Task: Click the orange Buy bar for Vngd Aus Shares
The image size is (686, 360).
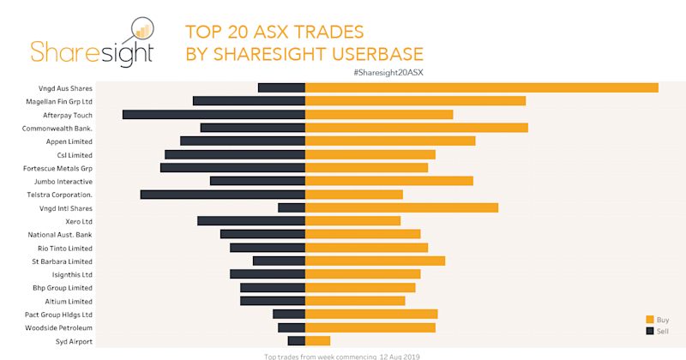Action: pyautogui.click(x=481, y=87)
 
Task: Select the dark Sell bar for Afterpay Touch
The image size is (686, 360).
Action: pyautogui.click(x=214, y=114)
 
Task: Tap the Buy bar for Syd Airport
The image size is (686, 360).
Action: pyautogui.click(x=317, y=341)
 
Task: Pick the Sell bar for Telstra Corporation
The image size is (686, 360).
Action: pyautogui.click(x=222, y=195)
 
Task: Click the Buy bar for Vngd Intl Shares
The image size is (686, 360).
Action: pyautogui.click(x=401, y=207)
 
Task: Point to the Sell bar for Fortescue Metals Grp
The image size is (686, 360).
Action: pyautogui.click(x=232, y=168)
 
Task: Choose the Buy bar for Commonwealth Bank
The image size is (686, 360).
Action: pyautogui.click(x=416, y=128)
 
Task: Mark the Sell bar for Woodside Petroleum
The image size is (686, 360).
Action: pyautogui.click(x=292, y=327)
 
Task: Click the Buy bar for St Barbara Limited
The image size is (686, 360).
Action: pyautogui.click(x=375, y=261)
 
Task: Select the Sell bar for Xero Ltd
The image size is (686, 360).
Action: pyautogui.click(x=251, y=221)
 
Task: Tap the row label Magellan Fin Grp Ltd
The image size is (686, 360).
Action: pyautogui.click(x=59, y=101)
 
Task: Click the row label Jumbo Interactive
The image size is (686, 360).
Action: pyautogui.click(x=63, y=182)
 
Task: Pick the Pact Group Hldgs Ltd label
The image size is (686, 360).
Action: pyautogui.click(x=57, y=315)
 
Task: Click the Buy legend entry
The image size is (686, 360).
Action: pyautogui.click(x=657, y=319)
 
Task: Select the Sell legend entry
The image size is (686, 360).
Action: pyautogui.click(x=657, y=330)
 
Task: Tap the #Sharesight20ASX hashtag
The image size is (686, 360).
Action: pyautogui.click(x=388, y=72)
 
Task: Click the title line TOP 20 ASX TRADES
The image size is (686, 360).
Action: pyautogui.click(x=275, y=33)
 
